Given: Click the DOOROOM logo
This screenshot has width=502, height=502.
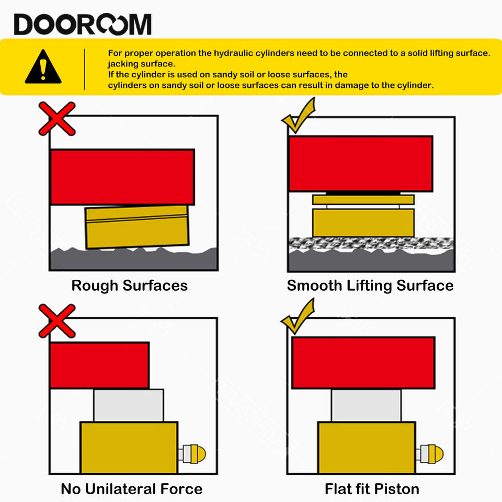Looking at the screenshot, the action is (83, 24).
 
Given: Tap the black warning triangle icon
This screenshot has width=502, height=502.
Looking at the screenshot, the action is (43, 66).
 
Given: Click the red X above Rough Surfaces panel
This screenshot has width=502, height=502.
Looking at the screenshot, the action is (57, 119).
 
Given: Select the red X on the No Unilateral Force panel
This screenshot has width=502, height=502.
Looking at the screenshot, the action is (57, 321).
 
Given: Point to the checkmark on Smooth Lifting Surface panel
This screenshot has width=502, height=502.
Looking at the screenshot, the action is (299, 115).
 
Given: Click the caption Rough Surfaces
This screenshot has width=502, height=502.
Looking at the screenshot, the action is (129, 286).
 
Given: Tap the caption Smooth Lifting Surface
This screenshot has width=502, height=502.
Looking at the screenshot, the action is (370, 286).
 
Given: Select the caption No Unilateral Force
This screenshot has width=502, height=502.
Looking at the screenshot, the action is (132, 489).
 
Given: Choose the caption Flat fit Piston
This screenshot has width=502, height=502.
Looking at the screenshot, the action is (372, 489).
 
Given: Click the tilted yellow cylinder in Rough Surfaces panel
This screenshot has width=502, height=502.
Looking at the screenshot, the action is (137, 226).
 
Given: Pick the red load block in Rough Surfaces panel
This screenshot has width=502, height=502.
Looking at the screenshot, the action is (122, 177).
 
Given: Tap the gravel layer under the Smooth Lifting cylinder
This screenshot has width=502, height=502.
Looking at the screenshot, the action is (371, 244).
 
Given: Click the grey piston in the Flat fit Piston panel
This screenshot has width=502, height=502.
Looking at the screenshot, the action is (366, 405).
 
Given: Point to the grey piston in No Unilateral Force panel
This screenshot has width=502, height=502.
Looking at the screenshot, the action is (129, 405).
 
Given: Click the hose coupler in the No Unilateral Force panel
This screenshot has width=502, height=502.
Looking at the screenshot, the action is (192, 454).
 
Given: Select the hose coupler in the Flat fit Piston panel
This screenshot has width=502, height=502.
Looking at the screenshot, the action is (429, 454).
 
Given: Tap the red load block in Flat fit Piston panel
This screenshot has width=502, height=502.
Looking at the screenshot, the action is (363, 363).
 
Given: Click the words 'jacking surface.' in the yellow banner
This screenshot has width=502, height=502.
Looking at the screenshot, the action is (142, 64).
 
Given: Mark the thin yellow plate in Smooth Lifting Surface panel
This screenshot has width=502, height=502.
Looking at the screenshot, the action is (363, 199).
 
